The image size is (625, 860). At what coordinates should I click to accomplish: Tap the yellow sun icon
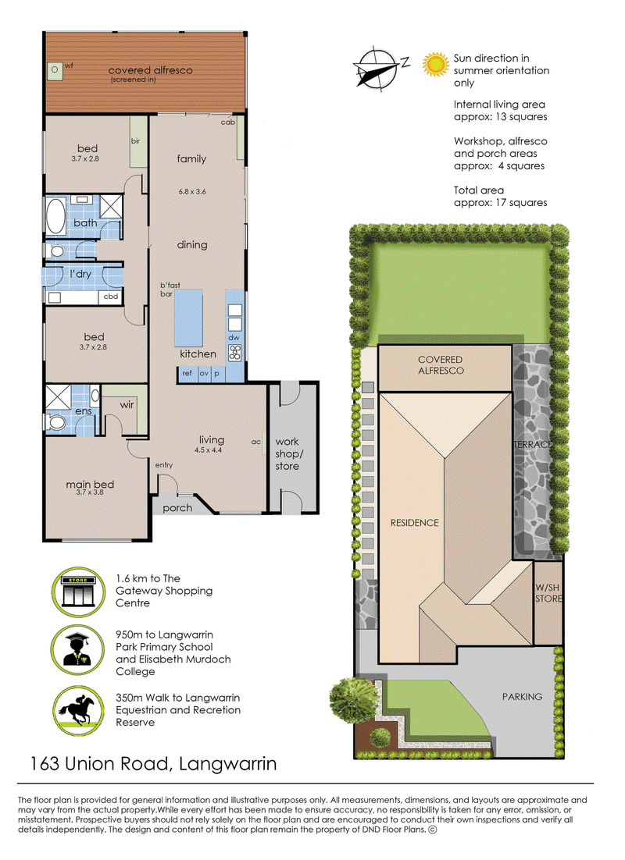coord(436,64)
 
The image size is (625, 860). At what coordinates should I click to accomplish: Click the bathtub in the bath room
coord(55,216)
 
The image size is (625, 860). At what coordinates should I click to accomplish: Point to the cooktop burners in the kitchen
coord(234,353)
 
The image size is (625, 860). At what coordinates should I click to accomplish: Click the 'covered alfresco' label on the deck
coord(151,70)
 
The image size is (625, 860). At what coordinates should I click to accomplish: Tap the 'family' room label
coord(191,158)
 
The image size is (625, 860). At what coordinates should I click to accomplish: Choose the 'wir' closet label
coord(127,405)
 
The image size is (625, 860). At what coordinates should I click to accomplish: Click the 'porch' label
coord(177,508)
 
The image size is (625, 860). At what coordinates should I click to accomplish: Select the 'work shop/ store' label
coord(287,453)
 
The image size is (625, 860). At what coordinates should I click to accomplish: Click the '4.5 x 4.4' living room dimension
coord(208,450)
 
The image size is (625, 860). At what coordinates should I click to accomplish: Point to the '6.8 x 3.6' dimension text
coord(192,191)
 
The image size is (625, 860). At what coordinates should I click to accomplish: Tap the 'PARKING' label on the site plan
coord(523,697)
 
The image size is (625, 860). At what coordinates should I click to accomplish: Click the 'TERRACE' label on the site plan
coord(532,444)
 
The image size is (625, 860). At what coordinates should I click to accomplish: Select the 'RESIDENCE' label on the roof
coord(415,523)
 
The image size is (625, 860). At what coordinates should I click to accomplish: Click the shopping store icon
coord(79,592)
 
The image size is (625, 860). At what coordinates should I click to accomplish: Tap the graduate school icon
coord(77,651)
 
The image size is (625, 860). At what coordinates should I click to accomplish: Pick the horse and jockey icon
coord(78,710)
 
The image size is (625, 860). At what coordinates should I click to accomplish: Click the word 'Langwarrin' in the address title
coord(228,763)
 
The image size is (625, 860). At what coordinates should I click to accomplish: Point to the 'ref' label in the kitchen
coord(187,373)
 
